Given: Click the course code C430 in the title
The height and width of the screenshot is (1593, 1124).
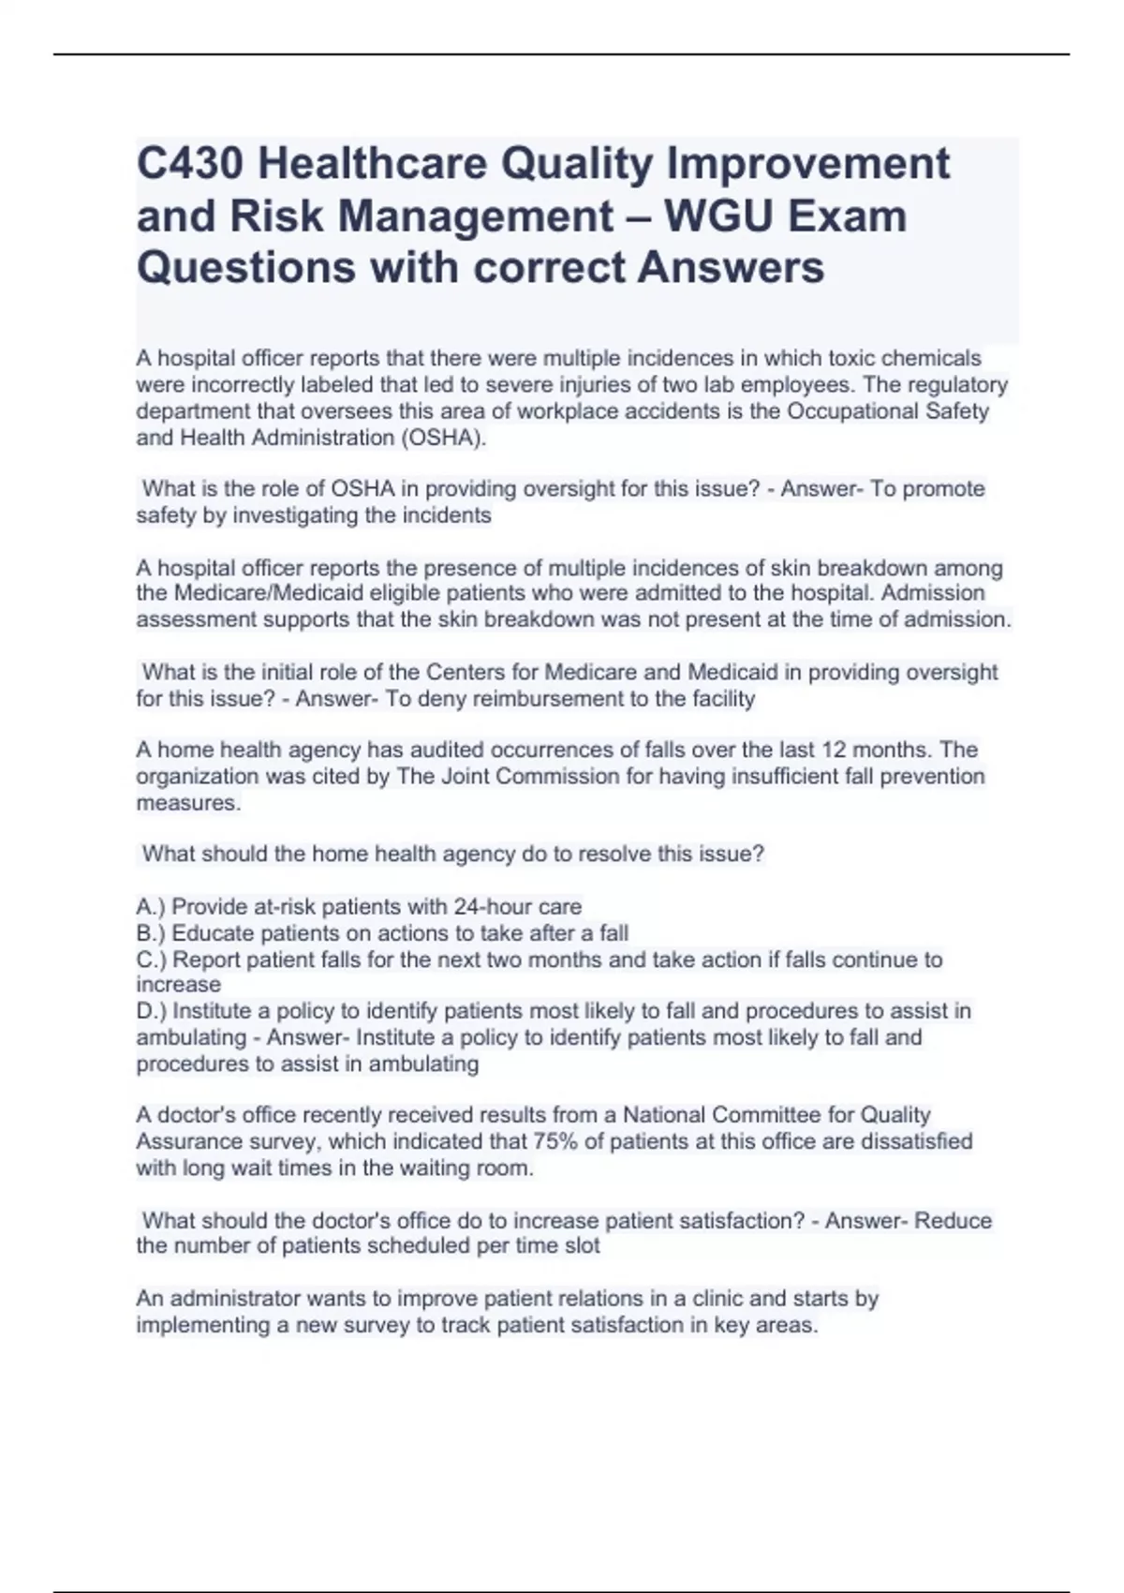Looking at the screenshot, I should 191,165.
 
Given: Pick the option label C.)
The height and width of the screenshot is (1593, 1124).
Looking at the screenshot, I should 152,960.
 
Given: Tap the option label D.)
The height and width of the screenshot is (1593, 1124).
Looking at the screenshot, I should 152,1011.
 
